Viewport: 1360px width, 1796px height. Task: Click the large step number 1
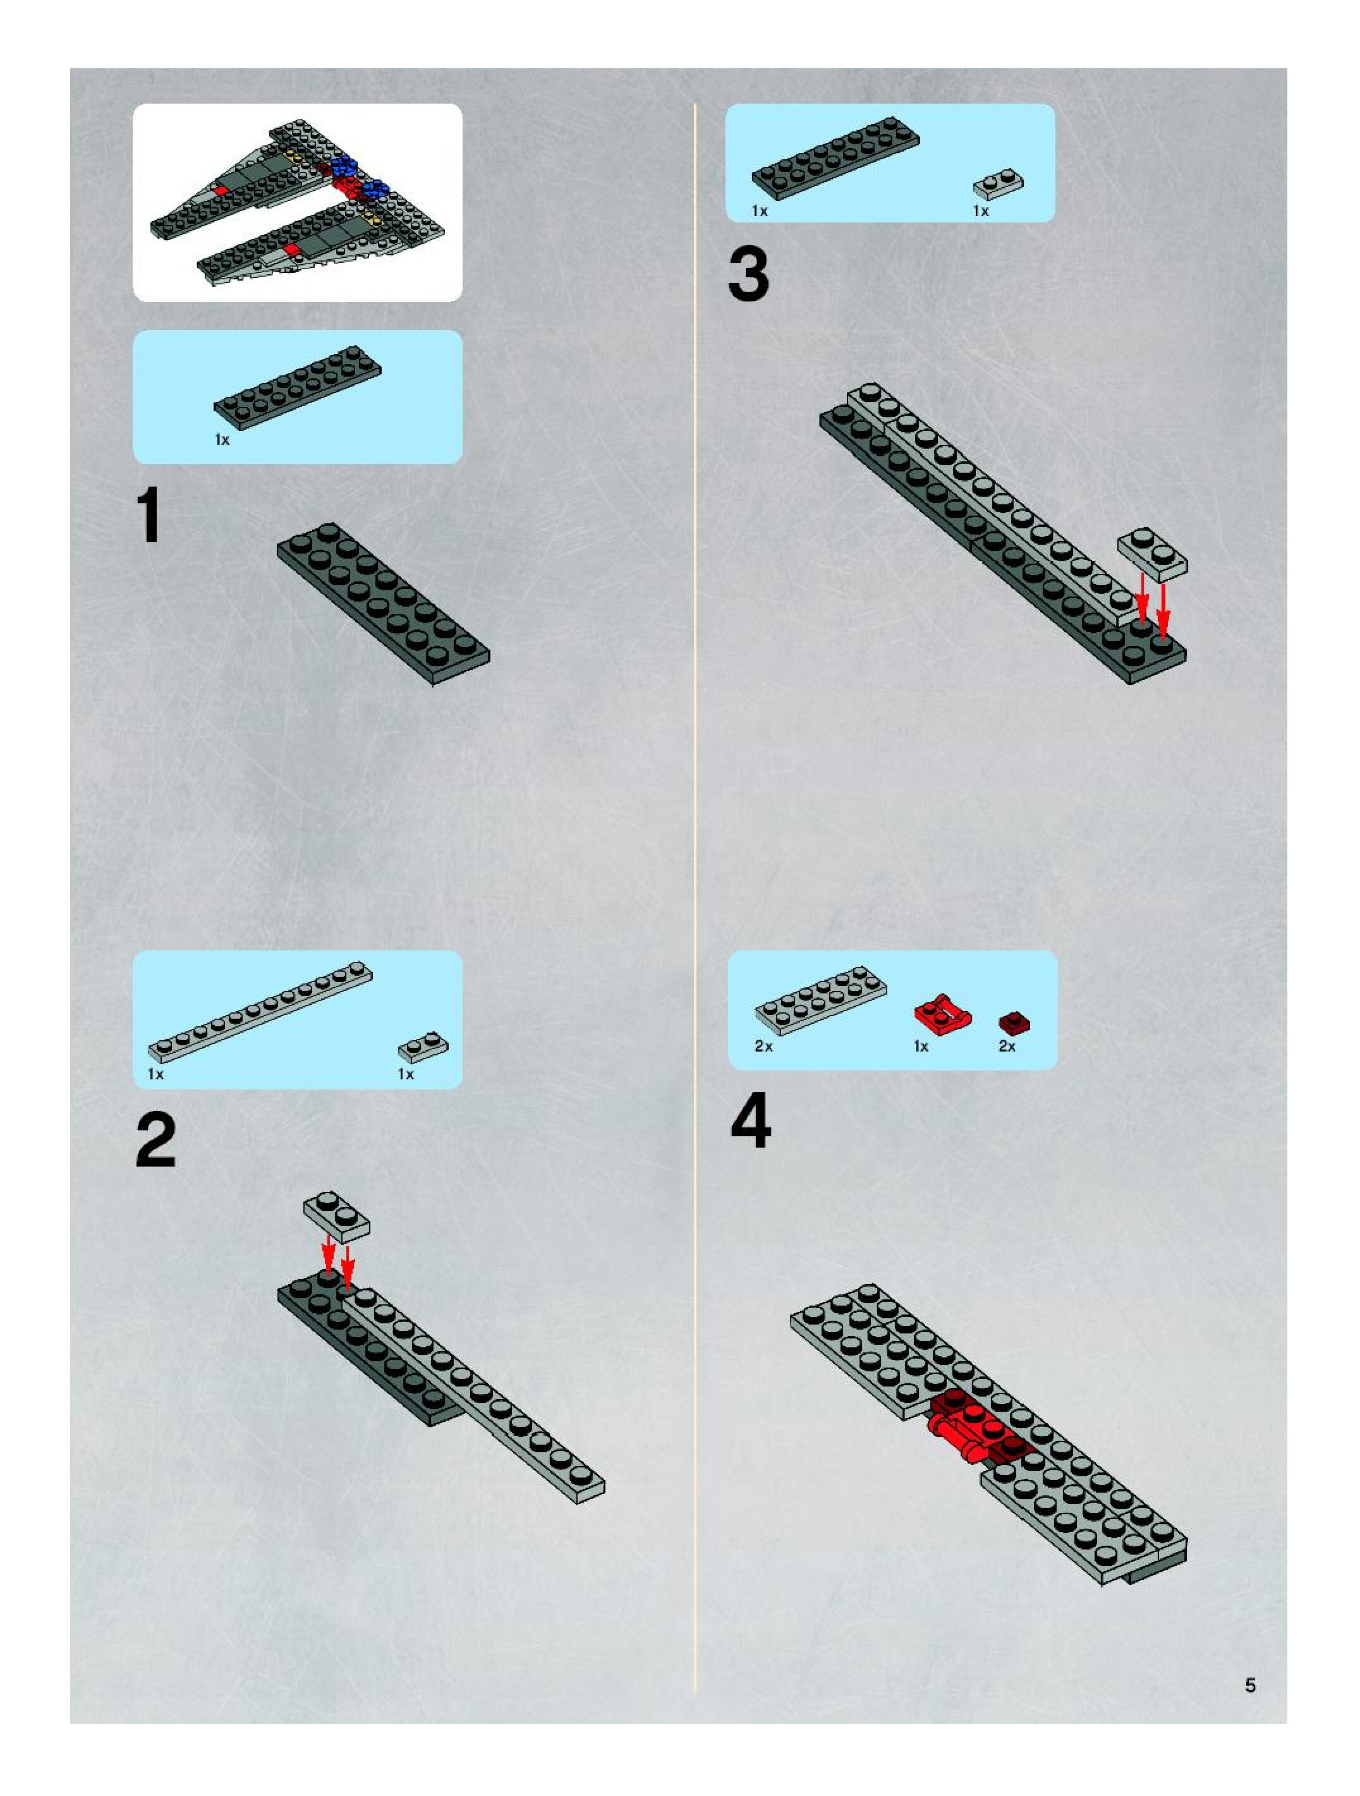pos(149,516)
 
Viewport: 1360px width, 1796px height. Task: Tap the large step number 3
pos(748,274)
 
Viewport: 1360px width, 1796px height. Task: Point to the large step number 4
pos(751,1121)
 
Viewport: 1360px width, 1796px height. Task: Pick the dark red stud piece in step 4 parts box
pos(1014,1022)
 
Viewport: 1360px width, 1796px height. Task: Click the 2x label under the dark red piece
pos(1007,1047)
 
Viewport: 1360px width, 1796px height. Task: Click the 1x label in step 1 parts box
pos(222,439)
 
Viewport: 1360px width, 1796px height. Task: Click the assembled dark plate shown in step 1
pos(383,604)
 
